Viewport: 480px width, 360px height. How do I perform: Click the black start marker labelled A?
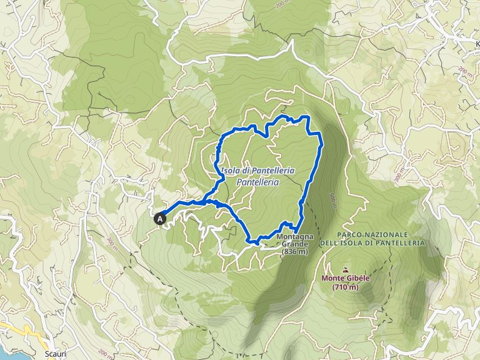161,219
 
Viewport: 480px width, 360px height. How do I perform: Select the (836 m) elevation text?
295,252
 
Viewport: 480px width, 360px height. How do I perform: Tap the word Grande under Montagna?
294,244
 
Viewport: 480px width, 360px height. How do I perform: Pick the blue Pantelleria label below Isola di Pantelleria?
257,182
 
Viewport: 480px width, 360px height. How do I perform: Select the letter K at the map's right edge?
477,44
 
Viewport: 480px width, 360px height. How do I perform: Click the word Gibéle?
349,279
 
